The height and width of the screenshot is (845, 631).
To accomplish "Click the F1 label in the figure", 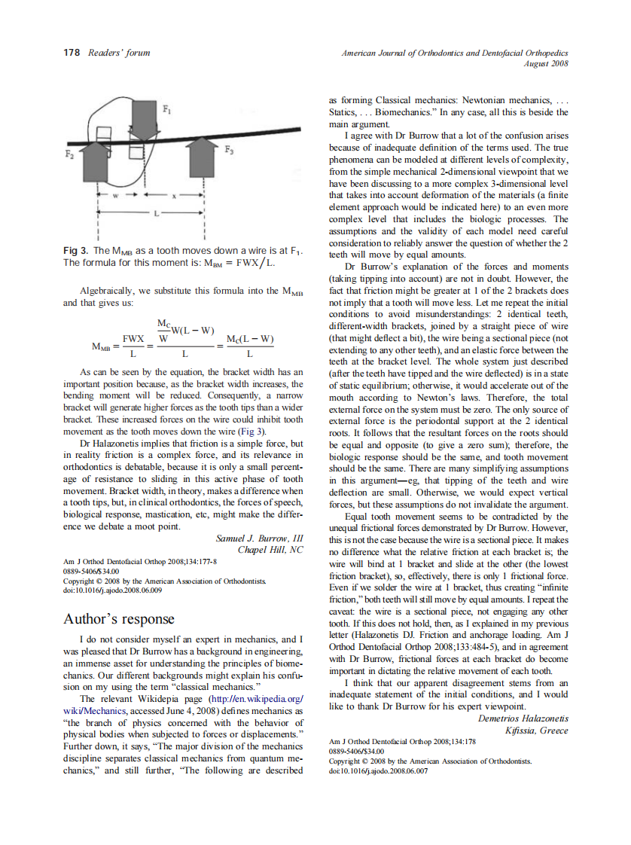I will pos(167,110).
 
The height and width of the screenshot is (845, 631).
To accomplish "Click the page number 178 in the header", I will pos(70,53).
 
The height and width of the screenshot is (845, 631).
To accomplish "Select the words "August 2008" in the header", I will pos(546,63).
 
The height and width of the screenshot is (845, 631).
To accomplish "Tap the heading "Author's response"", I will pos(120,619).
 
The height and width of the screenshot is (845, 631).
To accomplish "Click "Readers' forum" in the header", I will pos(119,53).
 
